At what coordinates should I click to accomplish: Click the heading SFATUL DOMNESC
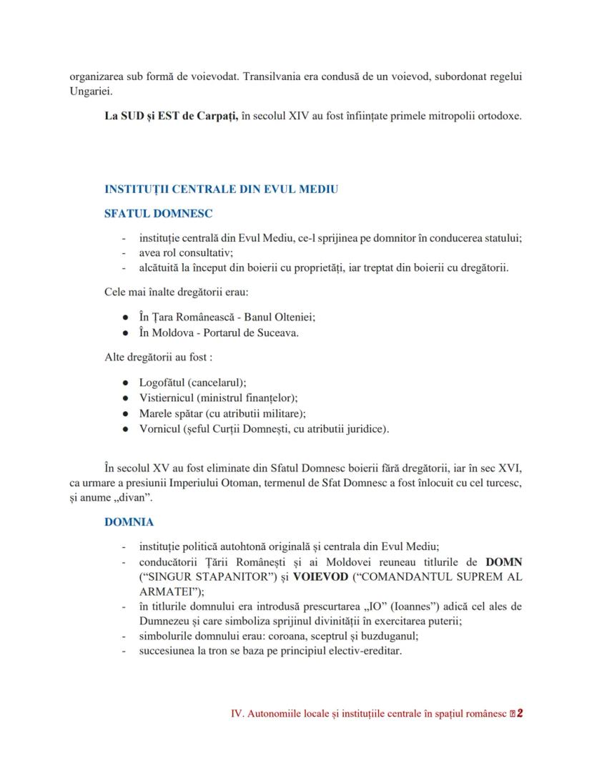click(158, 213)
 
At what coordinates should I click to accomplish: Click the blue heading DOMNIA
click(129, 522)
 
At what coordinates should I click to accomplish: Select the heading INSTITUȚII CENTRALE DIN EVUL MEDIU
click(221, 190)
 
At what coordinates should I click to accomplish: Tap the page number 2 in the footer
click(520, 713)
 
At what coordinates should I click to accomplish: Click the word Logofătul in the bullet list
click(162, 383)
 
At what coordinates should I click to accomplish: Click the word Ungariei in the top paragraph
click(91, 92)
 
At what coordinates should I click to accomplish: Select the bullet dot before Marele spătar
click(126, 413)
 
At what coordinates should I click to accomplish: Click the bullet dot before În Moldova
click(126, 333)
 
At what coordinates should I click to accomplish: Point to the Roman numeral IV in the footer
click(237, 714)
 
